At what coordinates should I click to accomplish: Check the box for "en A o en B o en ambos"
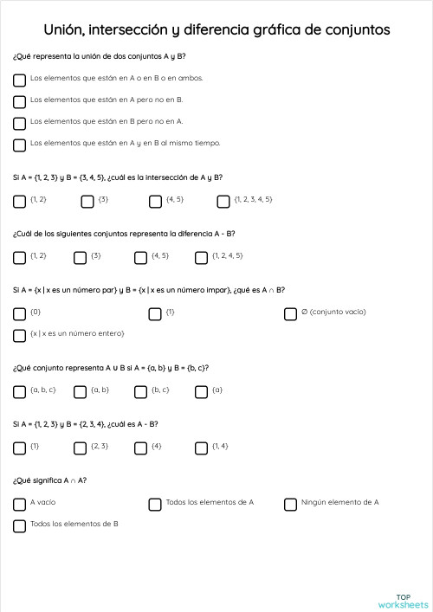19,81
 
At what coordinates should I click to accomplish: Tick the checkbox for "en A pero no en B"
19,102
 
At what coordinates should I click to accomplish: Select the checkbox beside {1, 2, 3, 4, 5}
223,202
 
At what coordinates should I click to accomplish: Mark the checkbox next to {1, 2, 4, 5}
201,258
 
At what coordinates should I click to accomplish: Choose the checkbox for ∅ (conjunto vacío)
290,314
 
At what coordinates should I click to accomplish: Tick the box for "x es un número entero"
19,336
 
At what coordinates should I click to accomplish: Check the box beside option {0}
19,314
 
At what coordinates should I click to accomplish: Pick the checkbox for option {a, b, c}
19,392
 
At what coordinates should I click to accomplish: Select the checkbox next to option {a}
201,392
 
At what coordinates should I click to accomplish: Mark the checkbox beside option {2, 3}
80,448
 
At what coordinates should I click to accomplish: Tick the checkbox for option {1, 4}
201,448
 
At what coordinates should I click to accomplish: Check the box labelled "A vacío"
19,505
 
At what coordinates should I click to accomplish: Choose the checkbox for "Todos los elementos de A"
155,505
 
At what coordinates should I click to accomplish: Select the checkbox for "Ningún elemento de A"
290,505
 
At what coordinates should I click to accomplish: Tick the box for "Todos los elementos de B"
19,526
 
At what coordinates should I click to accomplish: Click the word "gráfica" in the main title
273,30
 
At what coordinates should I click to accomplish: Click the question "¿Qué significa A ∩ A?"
49,480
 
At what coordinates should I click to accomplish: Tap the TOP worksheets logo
403,600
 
